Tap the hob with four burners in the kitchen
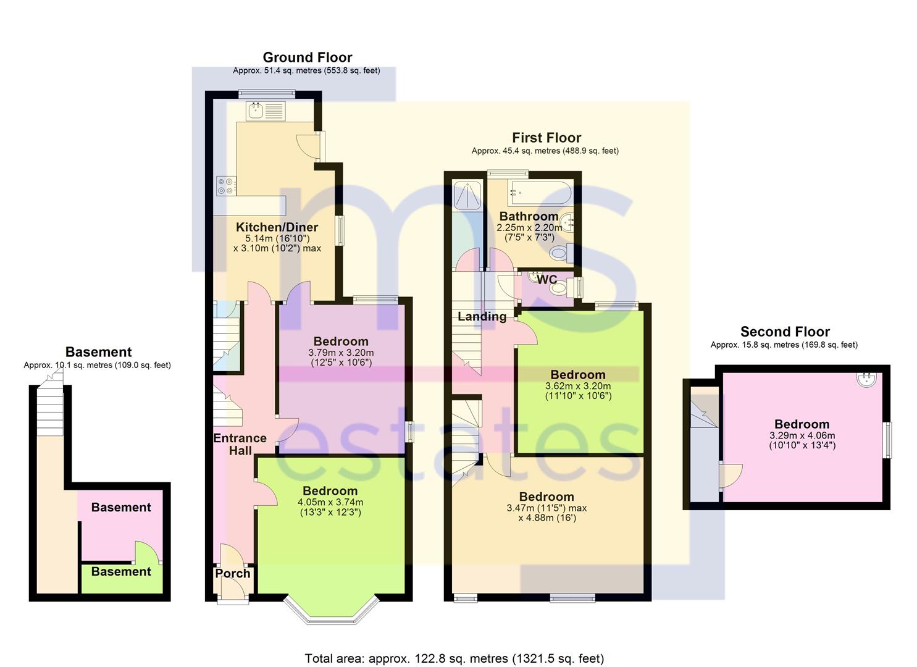pos(225,186)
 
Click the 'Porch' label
pos(232,573)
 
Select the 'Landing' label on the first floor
pos(482,316)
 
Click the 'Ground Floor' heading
pos(307,57)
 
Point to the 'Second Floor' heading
pos(784,332)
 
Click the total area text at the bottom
pos(454,658)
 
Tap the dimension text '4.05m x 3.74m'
pos(330,502)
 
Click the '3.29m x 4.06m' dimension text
pos(802,435)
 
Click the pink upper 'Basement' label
pos(120,507)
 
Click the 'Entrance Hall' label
pos(240,444)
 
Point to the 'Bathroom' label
pos(529,216)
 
